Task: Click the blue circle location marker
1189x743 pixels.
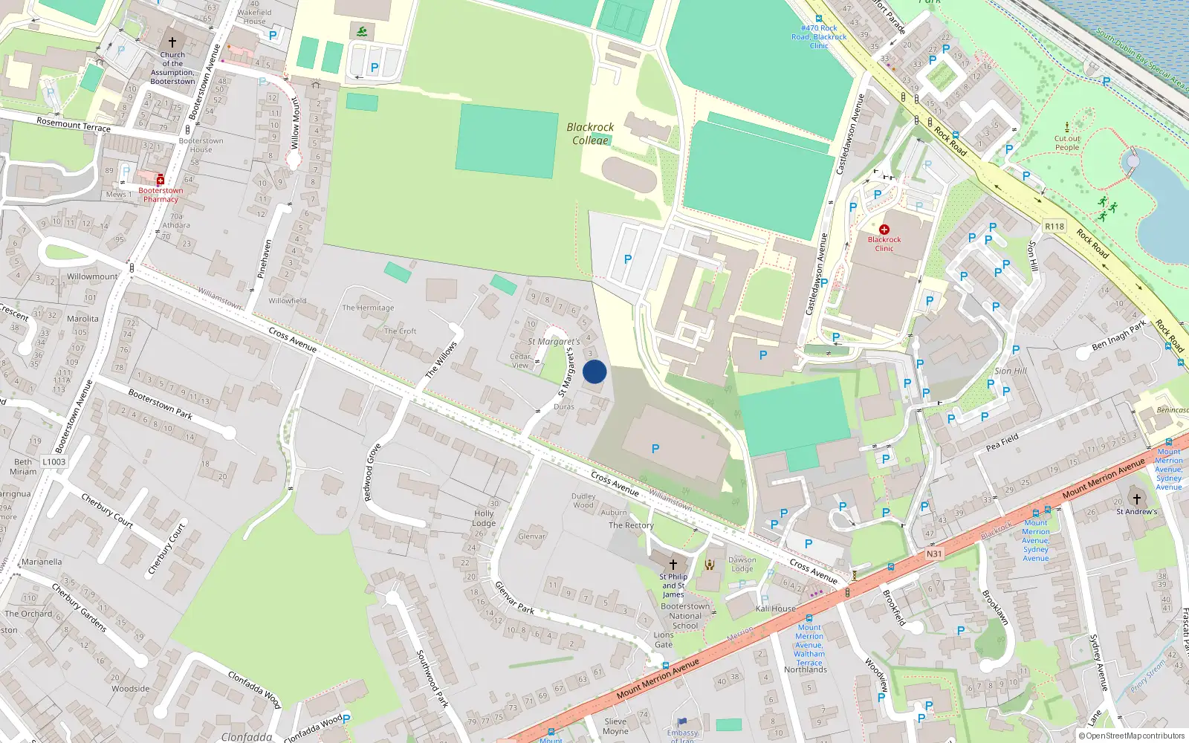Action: point(594,371)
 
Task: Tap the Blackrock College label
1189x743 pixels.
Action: point(590,134)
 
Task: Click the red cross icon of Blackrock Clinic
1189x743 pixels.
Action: point(884,230)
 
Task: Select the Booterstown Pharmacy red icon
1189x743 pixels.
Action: point(160,181)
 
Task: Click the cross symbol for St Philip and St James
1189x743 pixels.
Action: point(673,564)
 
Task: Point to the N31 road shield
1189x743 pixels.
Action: point(934,554)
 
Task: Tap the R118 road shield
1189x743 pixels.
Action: point(1054,226)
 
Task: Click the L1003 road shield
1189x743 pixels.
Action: point(54,461)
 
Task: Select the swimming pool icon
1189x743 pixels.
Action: point(361,32)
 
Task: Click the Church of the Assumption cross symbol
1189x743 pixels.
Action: point(172,42)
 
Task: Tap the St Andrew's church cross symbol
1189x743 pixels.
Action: point(1136,499)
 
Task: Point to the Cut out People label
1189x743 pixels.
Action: point(1067,143)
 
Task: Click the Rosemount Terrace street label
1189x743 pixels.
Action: point(74,124)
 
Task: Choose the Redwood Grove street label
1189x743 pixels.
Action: point(373,472)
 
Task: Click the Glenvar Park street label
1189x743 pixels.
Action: point(514,597)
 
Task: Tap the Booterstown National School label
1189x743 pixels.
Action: point(685,616)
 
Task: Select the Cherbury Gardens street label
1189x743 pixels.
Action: point(79,607)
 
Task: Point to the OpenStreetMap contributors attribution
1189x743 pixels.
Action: point(1132,736)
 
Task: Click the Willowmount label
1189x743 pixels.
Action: point(92,276)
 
